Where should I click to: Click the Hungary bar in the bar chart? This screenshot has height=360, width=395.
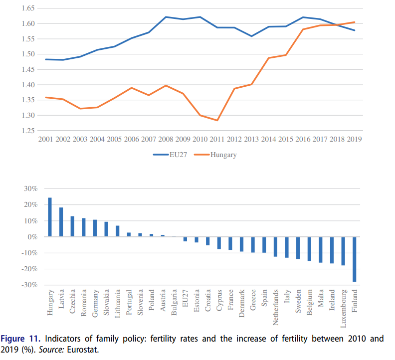click(x=50, y=217)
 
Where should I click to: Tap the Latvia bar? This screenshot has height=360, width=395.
click(x=61, y=222)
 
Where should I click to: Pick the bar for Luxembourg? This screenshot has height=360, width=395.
click(x=344, y=251)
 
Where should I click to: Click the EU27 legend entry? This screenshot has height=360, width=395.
click(x=172, y=155)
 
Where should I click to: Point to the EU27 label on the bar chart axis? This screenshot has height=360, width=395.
click(x=185, y=299)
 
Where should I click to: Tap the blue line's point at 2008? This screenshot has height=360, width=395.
click(x=166, y=17)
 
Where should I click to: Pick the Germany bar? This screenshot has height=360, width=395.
click(x=95, y=228)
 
